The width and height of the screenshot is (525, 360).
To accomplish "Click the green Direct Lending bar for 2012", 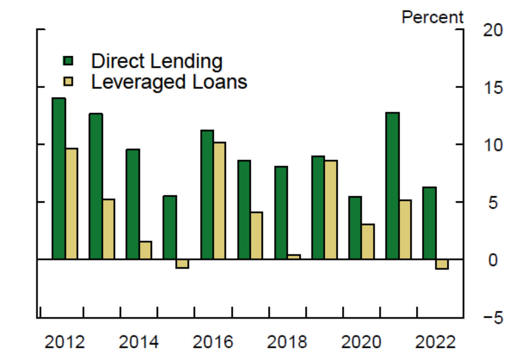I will point(58,178).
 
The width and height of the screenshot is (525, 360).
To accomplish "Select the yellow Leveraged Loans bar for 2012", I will point(72,204).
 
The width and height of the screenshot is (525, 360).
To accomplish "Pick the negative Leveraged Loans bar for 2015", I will point(182,264).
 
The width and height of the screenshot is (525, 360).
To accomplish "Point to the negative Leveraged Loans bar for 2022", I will point(442,264).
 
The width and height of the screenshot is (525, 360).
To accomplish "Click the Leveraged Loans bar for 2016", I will point(219,200).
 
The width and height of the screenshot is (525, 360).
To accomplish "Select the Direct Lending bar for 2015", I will point(170,228).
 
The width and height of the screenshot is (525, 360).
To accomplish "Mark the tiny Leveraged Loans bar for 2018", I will point(294,257).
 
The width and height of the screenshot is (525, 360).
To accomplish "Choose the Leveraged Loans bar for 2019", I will point(331,210).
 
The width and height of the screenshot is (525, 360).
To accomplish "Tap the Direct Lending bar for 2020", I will point(355,228).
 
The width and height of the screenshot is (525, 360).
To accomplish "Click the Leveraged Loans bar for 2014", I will point(146,250).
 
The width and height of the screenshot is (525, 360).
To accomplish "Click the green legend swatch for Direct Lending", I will point(68,60).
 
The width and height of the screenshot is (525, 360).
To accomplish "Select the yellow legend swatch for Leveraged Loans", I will point(68,82).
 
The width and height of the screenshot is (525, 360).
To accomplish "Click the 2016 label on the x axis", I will point(213,342).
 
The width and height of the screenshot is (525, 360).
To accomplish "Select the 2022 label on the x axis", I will point(436,342).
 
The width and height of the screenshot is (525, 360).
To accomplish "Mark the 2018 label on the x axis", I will point(287,342).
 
